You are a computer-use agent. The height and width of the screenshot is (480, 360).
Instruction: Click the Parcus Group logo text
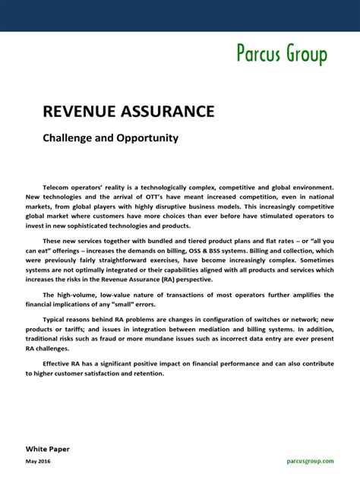(x=281, y=55)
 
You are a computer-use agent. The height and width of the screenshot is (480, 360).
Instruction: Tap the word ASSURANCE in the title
(x=169, y=112)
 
